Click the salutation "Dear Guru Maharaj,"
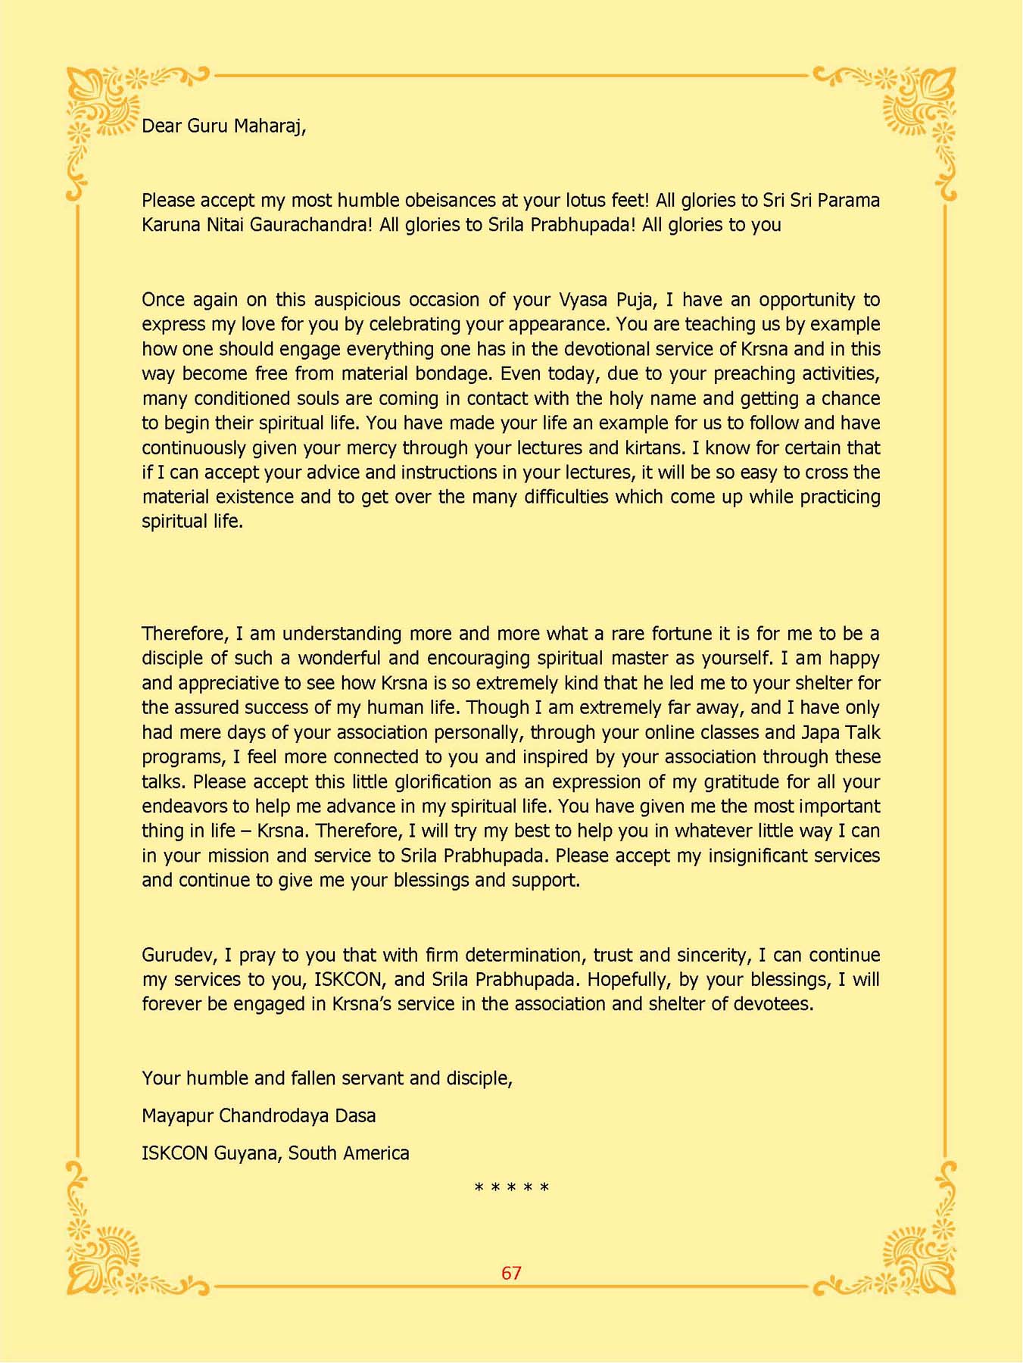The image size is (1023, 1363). pyautogui.click(x=223, y=126)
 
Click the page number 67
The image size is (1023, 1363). pyautogui.click(x=511, y=1273)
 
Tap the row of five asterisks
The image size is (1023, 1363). pyautogui.click(x=511, y=1188)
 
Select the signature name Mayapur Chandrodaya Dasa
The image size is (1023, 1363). pyautogui.click(x=258, y=1115)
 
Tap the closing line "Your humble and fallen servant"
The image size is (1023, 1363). pyautogui.click(x=326, y=1078)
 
